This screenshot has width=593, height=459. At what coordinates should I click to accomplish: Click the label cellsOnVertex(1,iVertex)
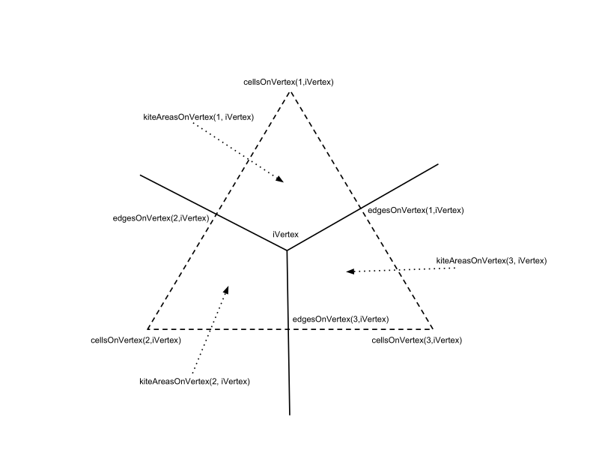point(288,82)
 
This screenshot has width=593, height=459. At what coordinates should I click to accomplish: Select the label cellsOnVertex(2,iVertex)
point(136,340)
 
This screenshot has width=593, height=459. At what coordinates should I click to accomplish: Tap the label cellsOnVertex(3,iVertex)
point(417,340)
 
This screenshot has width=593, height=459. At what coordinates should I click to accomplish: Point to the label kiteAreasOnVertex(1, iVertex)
point(198,118)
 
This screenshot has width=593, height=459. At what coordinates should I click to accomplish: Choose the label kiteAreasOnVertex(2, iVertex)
point(195,381)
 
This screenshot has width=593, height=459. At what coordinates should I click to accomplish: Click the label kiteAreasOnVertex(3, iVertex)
point(491,260)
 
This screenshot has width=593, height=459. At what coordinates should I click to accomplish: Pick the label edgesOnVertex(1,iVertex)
point(416,210)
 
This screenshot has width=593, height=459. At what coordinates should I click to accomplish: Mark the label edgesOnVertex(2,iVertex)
point(161,218)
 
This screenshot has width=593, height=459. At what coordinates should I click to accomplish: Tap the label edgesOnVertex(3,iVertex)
point(341,319)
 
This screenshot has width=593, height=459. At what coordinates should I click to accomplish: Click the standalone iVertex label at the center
point(285,235)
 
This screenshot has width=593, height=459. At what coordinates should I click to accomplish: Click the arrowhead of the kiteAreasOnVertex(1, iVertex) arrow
point(280,179)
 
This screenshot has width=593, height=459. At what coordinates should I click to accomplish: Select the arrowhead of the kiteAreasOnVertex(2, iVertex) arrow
point(226,289)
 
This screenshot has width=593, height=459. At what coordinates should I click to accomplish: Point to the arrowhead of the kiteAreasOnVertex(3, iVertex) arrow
point(350,271)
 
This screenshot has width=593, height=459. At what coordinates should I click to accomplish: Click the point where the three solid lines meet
point(287,250)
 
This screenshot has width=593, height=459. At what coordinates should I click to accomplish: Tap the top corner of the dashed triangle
point(291,91)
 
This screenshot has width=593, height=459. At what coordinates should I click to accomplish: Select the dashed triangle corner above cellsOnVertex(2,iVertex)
point(148,328)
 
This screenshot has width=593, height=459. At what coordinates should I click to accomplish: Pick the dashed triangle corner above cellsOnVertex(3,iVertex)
point(432,328)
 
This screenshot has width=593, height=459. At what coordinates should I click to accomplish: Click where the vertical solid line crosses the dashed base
point(288,328)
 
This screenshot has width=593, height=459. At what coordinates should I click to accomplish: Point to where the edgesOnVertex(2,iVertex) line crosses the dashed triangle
point(216,214)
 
